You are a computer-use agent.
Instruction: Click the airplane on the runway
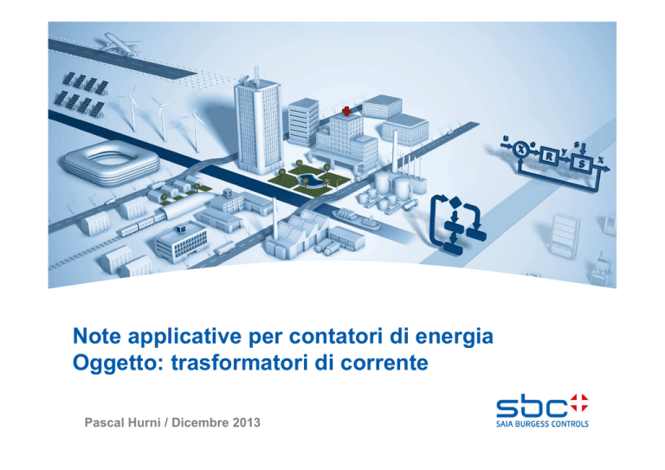coord(120,44)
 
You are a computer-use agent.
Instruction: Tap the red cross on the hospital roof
coord(346,111)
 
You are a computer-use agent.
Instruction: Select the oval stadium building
coord(111,163)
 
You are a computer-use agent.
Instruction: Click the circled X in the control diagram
coord(521,149)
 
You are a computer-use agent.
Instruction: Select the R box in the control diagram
coord(549,157)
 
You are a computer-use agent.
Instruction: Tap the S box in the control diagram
coord(582,163)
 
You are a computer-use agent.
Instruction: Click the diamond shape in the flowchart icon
coord(455,203)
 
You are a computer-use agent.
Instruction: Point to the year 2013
coord(246,422)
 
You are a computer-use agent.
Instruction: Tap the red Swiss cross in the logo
coord(579,402)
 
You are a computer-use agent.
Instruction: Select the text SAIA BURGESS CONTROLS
coord(542,424)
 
